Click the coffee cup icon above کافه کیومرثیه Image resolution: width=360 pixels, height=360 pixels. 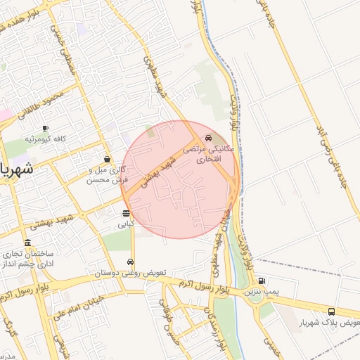[46, 128]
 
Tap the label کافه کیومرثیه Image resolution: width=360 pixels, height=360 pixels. [46, 139]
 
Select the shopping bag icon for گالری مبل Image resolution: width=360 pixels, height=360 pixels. [107, 159]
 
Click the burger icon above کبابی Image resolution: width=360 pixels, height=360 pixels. [126, 213]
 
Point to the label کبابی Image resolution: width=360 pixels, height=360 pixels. [126, 224]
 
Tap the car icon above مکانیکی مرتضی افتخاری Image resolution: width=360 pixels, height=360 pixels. [207, 138]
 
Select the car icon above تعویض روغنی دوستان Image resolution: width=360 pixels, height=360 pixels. [131, 262]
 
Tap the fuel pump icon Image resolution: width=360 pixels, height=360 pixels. [262, 281]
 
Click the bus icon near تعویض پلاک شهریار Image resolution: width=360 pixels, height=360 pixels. [331, 311]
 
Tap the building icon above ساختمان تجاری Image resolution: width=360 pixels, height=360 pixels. [27, 243]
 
